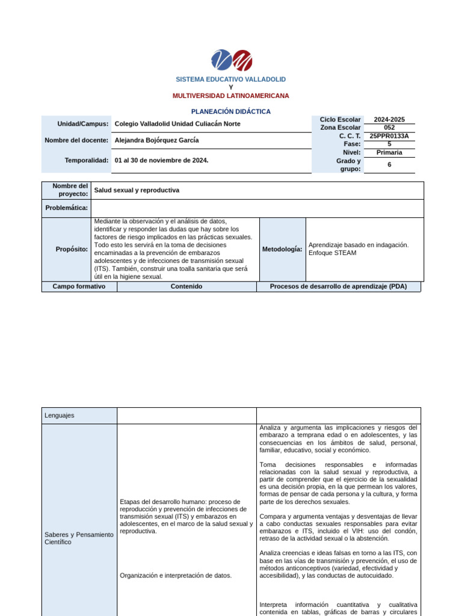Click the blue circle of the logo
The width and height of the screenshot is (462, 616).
click(x=221, y=60)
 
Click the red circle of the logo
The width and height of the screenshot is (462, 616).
click(x=242, y=60)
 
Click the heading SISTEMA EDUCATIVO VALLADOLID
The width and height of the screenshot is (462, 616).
click(x=230, y=79)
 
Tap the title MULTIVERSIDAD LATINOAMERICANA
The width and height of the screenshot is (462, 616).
click(x=230, y=96)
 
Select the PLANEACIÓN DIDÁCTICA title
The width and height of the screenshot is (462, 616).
click(x=230, y=111)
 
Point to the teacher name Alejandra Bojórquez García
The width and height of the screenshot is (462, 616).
click(x=156, y=140)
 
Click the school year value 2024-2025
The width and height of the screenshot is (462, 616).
click(x=389, y=120)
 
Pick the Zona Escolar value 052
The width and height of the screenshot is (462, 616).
click(x=389, y=128)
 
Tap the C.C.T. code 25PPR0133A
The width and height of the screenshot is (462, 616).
click(x=389, y=136)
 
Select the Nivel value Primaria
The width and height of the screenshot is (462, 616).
click(x=389, y=152)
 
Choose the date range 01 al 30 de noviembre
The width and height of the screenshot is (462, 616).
click(x=161, y=161)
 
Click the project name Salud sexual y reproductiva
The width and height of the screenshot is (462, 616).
click(x=137, y=190)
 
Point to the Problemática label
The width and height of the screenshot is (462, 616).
click(x=67, y=208)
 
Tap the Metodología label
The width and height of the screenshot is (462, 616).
click(x=282, y=249)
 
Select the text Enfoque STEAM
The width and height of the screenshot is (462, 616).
click(x=332, y=253)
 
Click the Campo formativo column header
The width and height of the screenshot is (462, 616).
click(x=79, y=286)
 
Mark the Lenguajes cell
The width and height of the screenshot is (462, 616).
click(x=59, y=415)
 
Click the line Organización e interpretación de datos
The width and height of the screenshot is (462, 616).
click(x=176, y=575)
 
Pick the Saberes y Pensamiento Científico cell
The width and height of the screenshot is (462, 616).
click(x=79, y=538)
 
